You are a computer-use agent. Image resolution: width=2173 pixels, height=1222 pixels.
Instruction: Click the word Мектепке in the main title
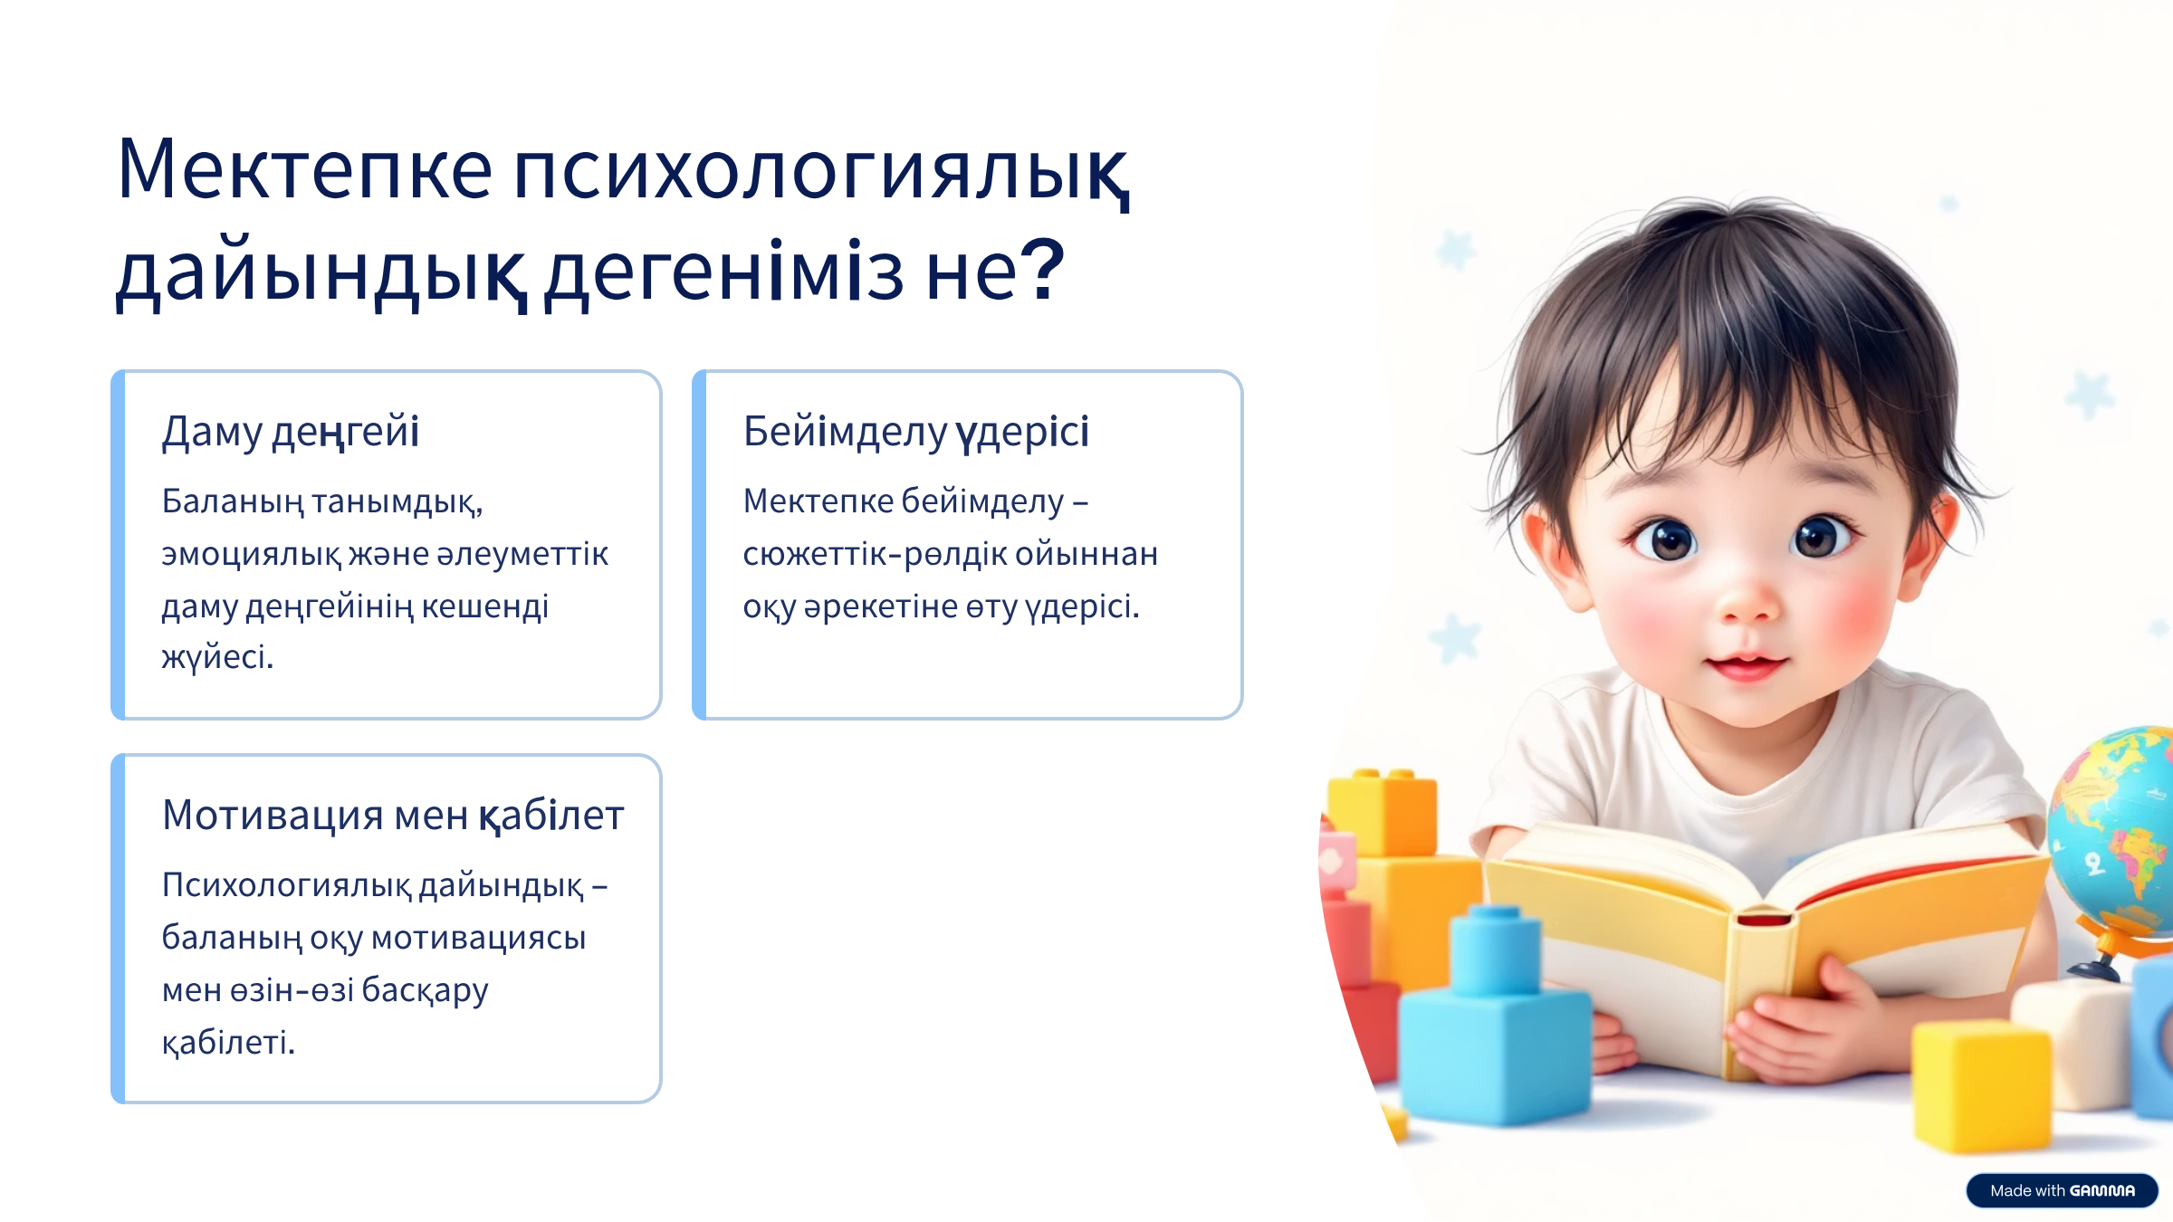(x=305, y=168)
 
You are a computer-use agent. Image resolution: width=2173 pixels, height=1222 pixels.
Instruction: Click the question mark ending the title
(x=1047, y=270)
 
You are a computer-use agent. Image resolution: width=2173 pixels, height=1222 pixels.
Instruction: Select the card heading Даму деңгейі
(x=291, y=432)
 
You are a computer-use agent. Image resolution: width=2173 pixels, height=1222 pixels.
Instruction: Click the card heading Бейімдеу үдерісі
(x=915, y=432)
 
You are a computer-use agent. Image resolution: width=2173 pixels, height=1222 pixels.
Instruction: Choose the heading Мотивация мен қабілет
(x=393, y=816)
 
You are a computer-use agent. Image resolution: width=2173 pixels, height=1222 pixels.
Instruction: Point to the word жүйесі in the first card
(x=217, y=657)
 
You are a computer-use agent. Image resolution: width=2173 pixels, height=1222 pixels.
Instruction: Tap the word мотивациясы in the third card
(x=479, y=938)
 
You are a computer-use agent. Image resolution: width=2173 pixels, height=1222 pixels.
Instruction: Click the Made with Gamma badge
(x=2062, y=1190)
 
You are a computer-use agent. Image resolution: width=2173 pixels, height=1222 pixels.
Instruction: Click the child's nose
(x=1749, y=601)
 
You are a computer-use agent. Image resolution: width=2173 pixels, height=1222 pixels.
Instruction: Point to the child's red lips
(x=1747, y=667)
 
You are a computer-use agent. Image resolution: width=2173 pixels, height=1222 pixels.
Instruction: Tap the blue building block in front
(x=1496, y=1023)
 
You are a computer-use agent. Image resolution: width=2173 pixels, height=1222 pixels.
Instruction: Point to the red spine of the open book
(x=1764, y=919)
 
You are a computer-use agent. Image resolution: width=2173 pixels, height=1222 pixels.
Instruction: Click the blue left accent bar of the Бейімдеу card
(x=699, y=545)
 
